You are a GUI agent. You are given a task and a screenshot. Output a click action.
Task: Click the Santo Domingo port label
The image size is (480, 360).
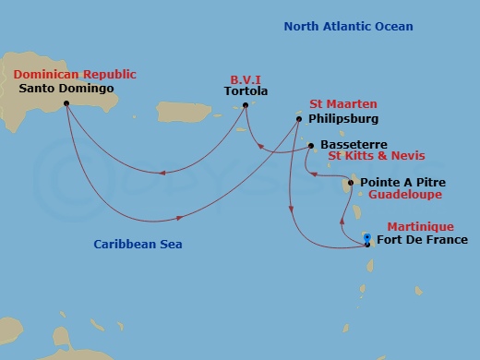[66, 89]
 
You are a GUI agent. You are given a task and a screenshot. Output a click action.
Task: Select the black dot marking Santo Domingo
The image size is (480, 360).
[66, 103]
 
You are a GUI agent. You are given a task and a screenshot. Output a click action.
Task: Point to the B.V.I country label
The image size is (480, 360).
[246, 79]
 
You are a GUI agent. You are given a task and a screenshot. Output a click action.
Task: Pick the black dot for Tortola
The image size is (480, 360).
[246, 106]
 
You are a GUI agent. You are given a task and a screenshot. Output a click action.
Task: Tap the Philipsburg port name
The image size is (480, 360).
[343, 119]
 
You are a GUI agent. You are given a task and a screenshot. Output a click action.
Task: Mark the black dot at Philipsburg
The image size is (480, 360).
[299, 119]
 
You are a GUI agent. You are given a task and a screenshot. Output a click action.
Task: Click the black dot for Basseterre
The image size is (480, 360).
[311, 145]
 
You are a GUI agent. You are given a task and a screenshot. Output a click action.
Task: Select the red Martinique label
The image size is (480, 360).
[420, 226]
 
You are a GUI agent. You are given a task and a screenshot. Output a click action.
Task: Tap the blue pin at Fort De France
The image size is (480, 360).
[367, 239]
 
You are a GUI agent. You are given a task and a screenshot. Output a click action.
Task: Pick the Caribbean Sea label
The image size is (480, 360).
[138, 245]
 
